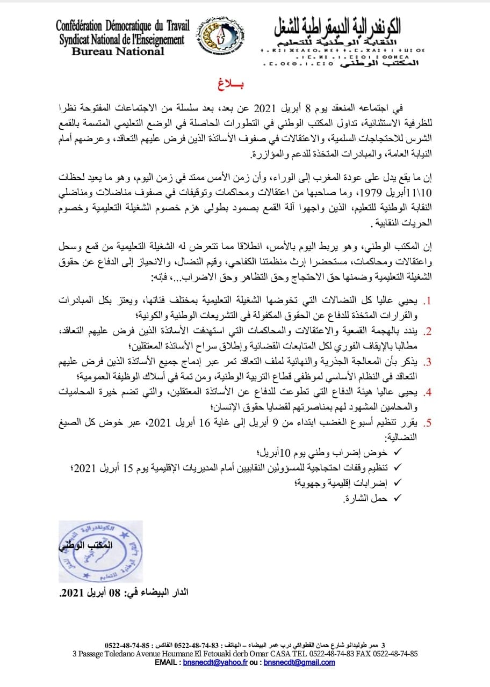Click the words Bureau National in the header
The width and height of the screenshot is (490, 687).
point(118,52)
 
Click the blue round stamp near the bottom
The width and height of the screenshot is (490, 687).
point(100,552)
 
